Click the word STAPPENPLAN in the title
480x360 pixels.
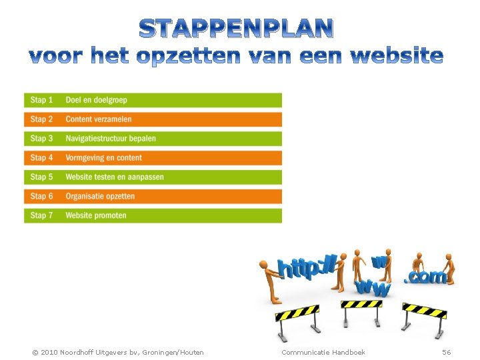[x=237, y=29]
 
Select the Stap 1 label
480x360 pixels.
[x=41, y=100]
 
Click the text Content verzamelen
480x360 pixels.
[x=99, y=119]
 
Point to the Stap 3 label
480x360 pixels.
[x=41, y=139]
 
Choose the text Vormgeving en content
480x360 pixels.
[x=103, y=158]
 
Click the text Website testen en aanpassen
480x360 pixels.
[x=115, y=177]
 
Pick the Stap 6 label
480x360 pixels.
[x=41, y=196]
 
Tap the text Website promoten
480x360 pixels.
[x=96, y=215]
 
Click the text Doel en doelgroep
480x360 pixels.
[x=96, y=100]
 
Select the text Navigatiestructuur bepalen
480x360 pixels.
[x=111, y=139]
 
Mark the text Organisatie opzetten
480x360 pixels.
[x=100, y=196]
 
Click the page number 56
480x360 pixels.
[x=446, y=352]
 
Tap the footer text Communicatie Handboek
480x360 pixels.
[x=323, y=352]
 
